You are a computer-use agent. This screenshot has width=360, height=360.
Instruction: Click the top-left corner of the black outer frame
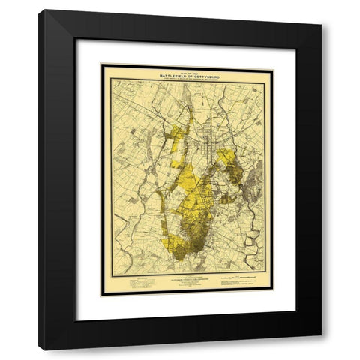click(x=42, y=12)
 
